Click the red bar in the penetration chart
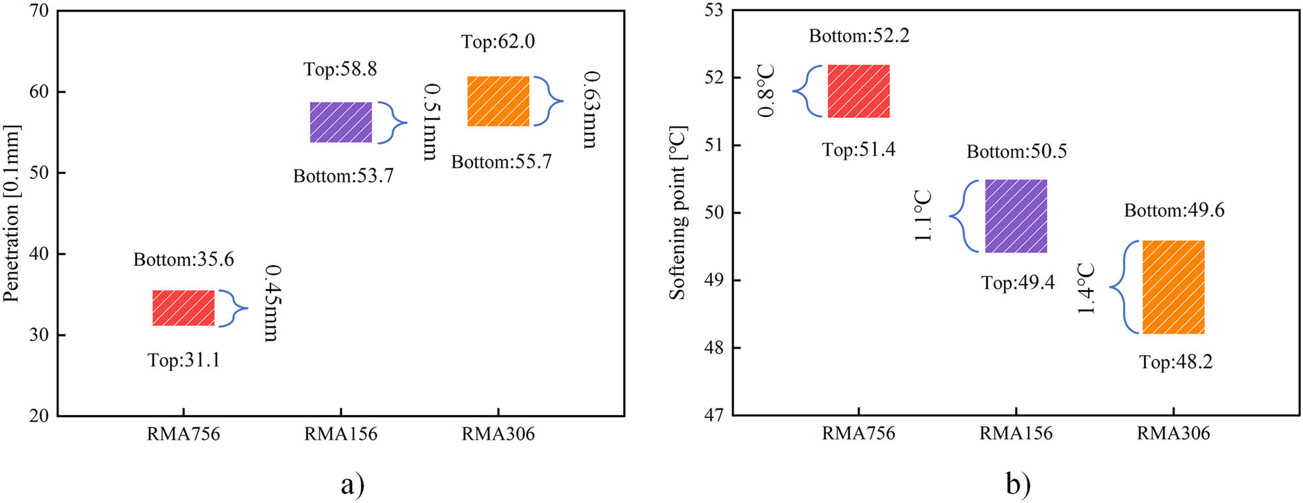click(x=183, y=308)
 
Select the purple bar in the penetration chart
click(x=341, y=122)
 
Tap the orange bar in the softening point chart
click(x=1173, y=287)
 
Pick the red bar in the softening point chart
click(x=859, y=91)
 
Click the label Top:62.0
click(x=498, y=42)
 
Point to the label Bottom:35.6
click(x=183, y=259)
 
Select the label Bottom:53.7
click(x=343, y=176)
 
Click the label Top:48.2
click(x=1175, y=362)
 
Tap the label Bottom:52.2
click(x=859, y=36)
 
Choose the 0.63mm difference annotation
click(x=590, y=109)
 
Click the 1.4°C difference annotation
click(x=1085, y=289)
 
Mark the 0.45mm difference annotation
click(x=272, y=303)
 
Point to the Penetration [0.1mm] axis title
click(x=12, y=213)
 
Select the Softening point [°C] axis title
click(x=678, y=213)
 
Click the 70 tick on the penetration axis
click(x=39, y=11)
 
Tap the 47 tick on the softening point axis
click(x=714, y=415)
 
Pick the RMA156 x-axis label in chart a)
click(x=341, y=434)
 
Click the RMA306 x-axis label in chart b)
click(x=1173, y=433)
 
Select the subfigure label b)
click(x=1018, y=484)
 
